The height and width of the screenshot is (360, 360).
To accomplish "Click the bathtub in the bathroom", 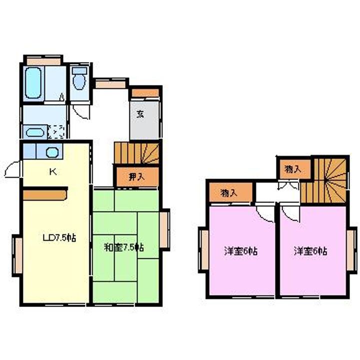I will click(34, 81).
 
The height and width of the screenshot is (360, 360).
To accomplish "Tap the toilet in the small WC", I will click(79, 78).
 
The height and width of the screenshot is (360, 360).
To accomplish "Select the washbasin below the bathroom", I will click(34, 133).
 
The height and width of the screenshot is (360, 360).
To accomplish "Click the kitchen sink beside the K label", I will click(52, 152).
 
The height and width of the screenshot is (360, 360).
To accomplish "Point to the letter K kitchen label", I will click(52, 172).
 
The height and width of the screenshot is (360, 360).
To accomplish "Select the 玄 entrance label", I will click(141, 113).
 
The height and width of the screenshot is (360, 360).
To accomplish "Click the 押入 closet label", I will click(135, 176).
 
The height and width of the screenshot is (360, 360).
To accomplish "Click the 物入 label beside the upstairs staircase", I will click(292, 169).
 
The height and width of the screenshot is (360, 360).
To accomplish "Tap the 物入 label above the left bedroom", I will click(228, 192).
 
